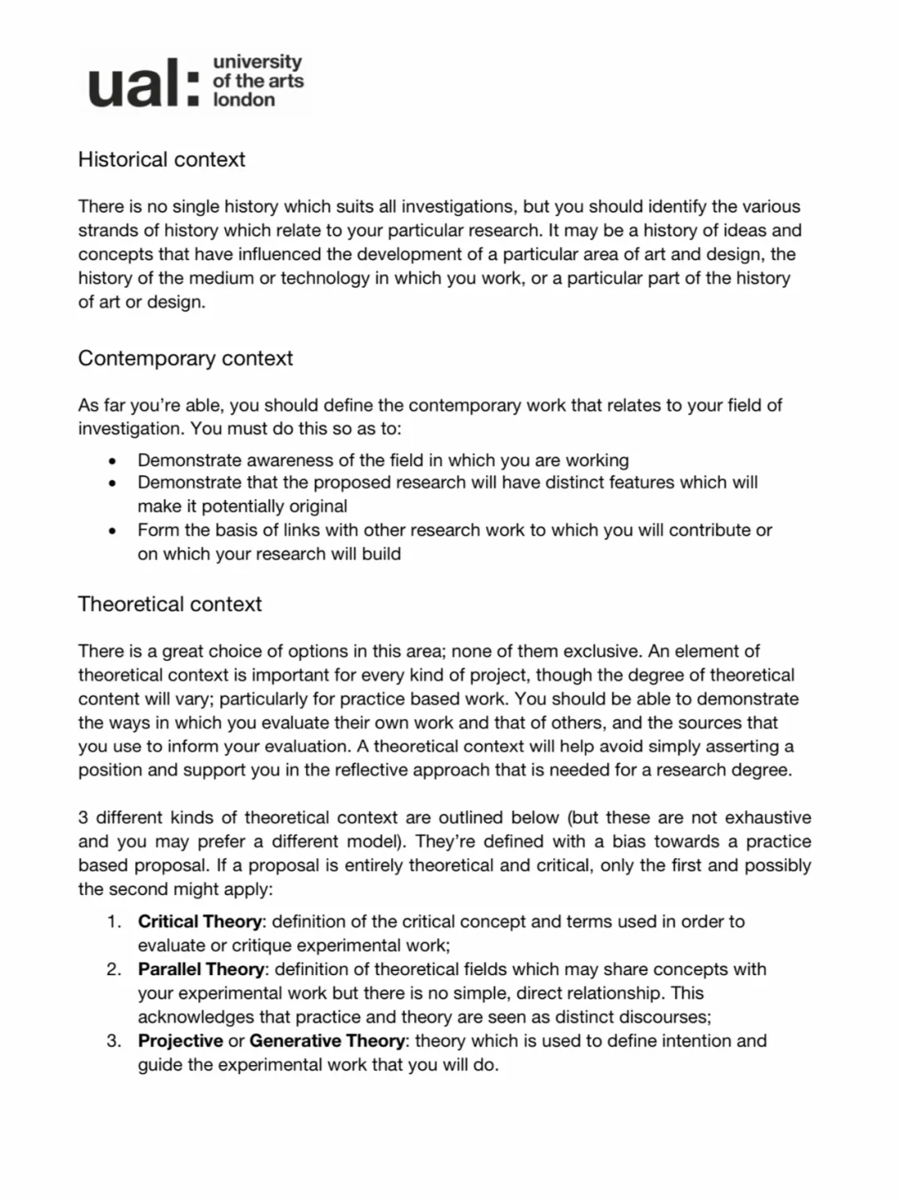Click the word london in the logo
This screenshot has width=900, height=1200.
pyautogui.click(x=243, y=100)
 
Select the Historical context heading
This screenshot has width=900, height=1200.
pyautogui.click(x=162, y=159)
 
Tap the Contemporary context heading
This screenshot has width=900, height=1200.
pyautogui.click(x=185, y=358)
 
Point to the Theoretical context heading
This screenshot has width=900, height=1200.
pyautogui.click(x=170, y=604)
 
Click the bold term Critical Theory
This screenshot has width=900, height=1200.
pyautogui.click(x=200, y=922)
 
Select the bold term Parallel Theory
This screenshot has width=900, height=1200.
pyautogui.click(x=201, y=969)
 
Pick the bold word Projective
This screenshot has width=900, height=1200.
pyautogui.click(x=180, y=1041)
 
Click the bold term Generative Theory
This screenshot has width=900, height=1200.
pyautogui.click(x=327, y=1041)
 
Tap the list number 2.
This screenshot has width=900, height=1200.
pyautogui.click(x=113, y=969)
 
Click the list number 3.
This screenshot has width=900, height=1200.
pyautogui.click(x=113, y=1041)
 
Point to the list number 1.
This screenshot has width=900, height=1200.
pyautogui.click(x=113, y=922)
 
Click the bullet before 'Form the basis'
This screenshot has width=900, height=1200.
pyautogui.click(x=112, y=531)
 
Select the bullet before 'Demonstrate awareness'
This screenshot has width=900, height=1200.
pyautogui.click(x=112, y=461)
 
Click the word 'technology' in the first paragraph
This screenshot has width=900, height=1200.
pyautogui.click(x=324, y=278)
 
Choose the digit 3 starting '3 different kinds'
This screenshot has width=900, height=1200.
pyautogui.click(x=83, y=817)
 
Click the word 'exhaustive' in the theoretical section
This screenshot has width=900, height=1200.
pyautogui.click(x=767, y=817)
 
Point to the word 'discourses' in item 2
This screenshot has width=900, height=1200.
pyautogui.click(x=664, y=1017)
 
